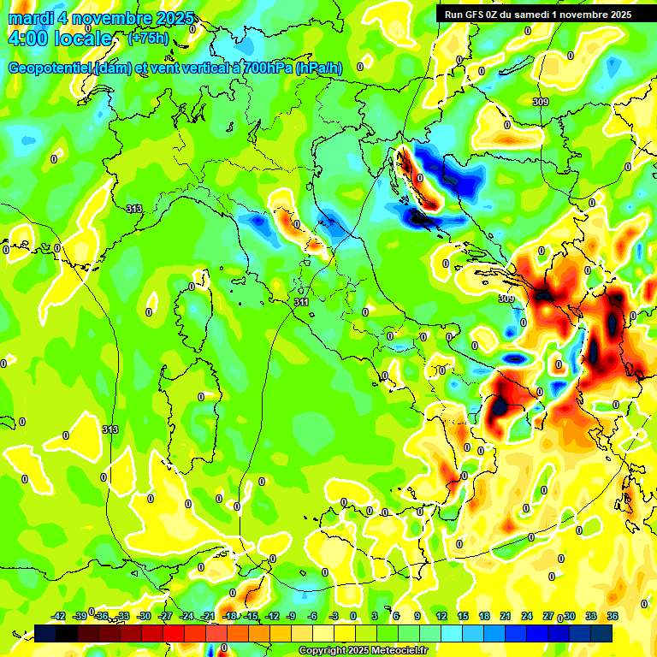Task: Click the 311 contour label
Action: (x=301, y=302)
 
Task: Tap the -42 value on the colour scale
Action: (x=59, y=616)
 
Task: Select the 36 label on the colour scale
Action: (x=613, y=616)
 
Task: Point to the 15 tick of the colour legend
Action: (x=463, y=616)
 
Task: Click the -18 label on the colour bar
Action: (x=229, y=616)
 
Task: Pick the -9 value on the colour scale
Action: (x=291, y=616)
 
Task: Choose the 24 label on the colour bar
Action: (x=527, y=616)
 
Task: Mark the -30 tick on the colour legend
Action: (x=145, y=616)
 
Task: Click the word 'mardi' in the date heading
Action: (x=31, y=18)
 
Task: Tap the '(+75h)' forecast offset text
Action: (x=147, y=38)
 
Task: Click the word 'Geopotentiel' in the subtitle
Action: (x=50, y=68)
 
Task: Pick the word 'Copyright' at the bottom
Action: (x=321, y=651)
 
